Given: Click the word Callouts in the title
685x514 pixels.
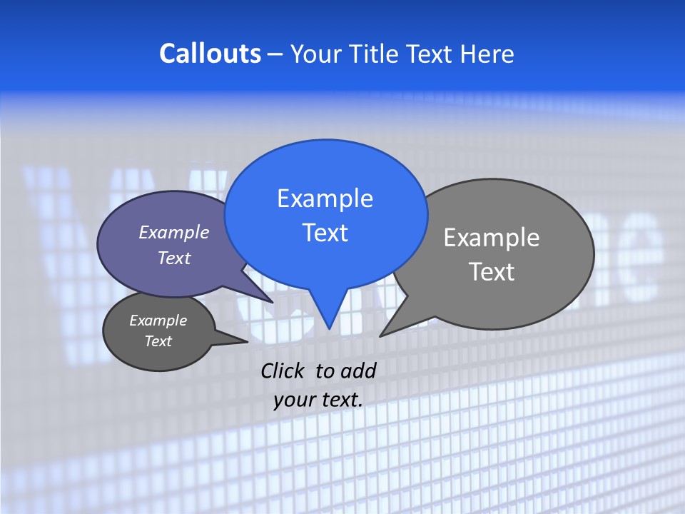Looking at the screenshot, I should tap(210, 54).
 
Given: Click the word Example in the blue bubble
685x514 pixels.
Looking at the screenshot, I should tap(325, 198).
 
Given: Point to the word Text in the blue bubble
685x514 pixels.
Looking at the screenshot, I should tap(325, 233).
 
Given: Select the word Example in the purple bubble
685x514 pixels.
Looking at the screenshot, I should tap(173, 232).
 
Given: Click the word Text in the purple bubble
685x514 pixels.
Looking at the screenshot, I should tap(174, 258).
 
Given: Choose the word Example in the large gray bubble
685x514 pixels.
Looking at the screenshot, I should tap(492, 237).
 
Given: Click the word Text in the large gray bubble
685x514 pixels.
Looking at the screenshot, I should tap(492, 271).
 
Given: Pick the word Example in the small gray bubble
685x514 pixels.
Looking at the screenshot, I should tap(158, 321).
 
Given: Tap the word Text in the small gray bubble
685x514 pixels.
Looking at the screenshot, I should tap(158, 341).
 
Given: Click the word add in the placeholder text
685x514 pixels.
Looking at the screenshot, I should tap(358, 371).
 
